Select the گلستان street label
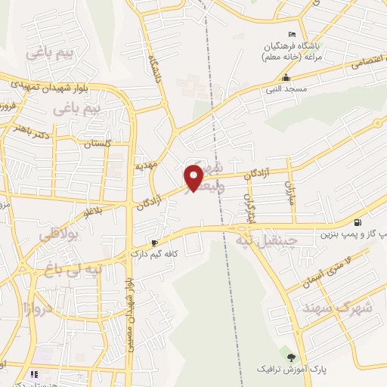pos(97,143)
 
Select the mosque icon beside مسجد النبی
pos(286,78)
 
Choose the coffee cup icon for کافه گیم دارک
pos(155,243)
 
